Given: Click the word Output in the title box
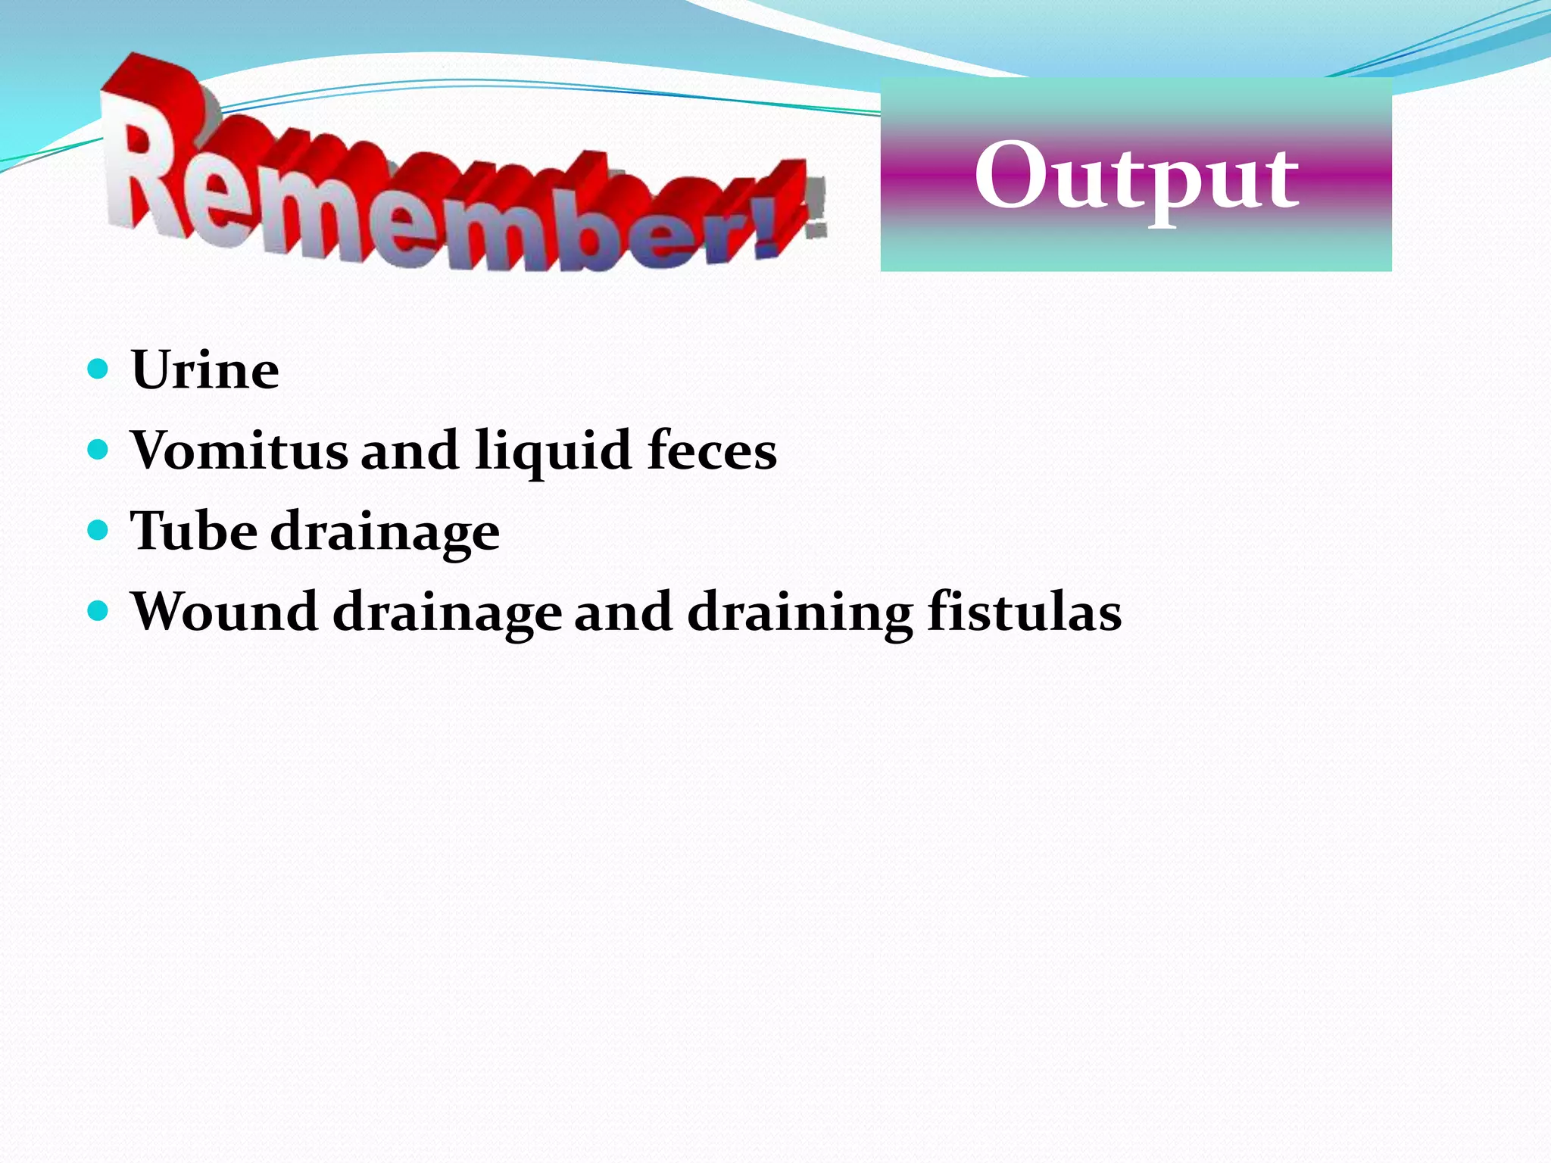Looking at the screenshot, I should (x=1136, y=179).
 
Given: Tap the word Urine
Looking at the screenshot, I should (x=205, y=370).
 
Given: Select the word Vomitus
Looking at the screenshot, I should (x=238, y=451).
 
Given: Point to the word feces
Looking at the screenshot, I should (x=712, y=451).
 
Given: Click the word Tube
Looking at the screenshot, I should (x=193, y=531).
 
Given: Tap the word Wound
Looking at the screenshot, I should (x=224, y=611).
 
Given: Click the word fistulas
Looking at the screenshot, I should (x=1024, y=611).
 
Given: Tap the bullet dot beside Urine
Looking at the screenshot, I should (x=98, y=369).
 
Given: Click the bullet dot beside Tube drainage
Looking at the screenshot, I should (x=98, y=530).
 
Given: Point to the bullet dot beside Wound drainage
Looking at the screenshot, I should (x=98, y=610).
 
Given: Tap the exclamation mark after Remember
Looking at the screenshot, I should (x=780, y=208).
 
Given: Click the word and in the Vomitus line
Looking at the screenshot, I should (x=409, y=451).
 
